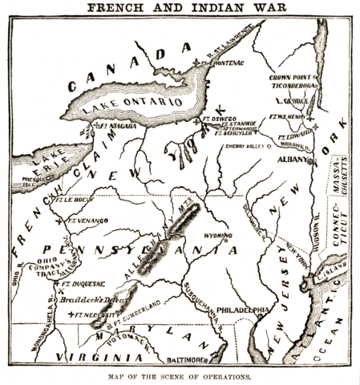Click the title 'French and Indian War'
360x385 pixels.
pos(179,8)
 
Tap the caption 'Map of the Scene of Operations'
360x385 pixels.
pos(179,376)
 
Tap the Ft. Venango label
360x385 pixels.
pos(85,217)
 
